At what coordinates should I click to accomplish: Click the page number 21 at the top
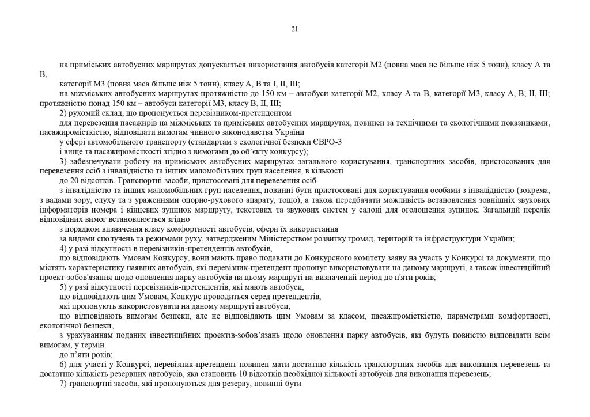(x=294, y=29)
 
